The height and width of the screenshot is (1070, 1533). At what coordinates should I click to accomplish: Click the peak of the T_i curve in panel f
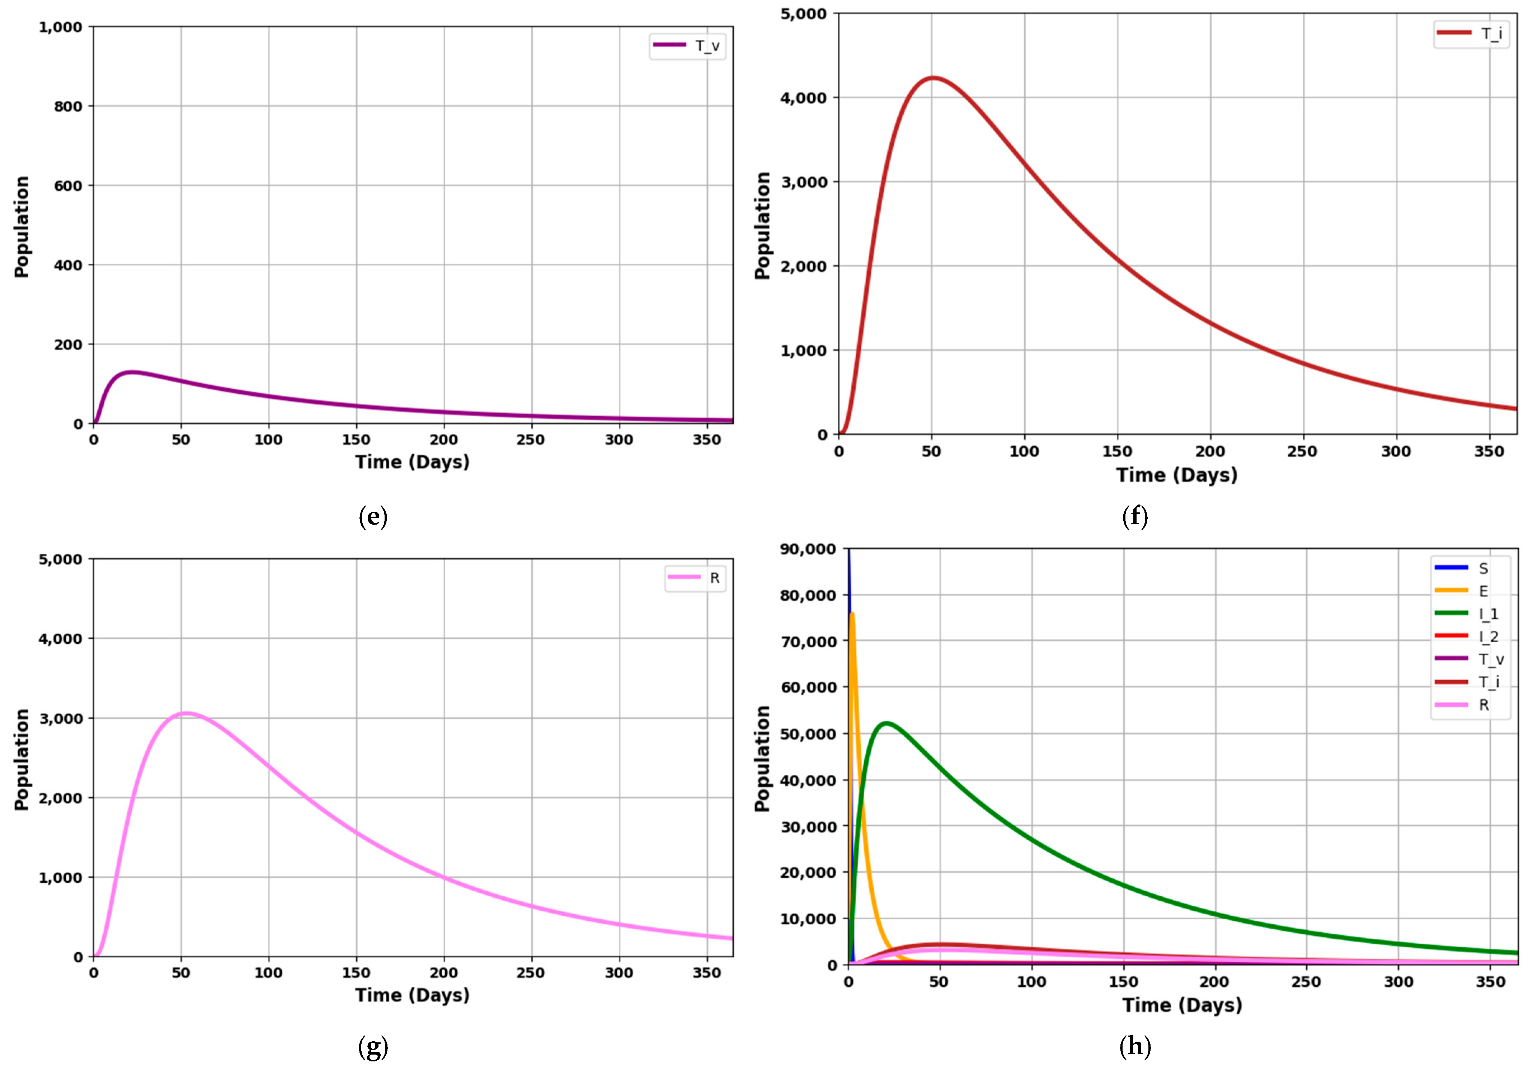[x=933, y=78]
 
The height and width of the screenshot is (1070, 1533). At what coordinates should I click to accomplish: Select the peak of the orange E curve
[x=852, y=613]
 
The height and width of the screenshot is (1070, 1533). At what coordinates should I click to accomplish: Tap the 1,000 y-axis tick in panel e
[x=60, y=27]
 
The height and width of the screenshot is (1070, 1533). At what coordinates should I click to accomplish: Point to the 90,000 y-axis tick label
[x=807, y=549]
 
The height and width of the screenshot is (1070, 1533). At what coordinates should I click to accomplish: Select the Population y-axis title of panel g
[x=22, y=759]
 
